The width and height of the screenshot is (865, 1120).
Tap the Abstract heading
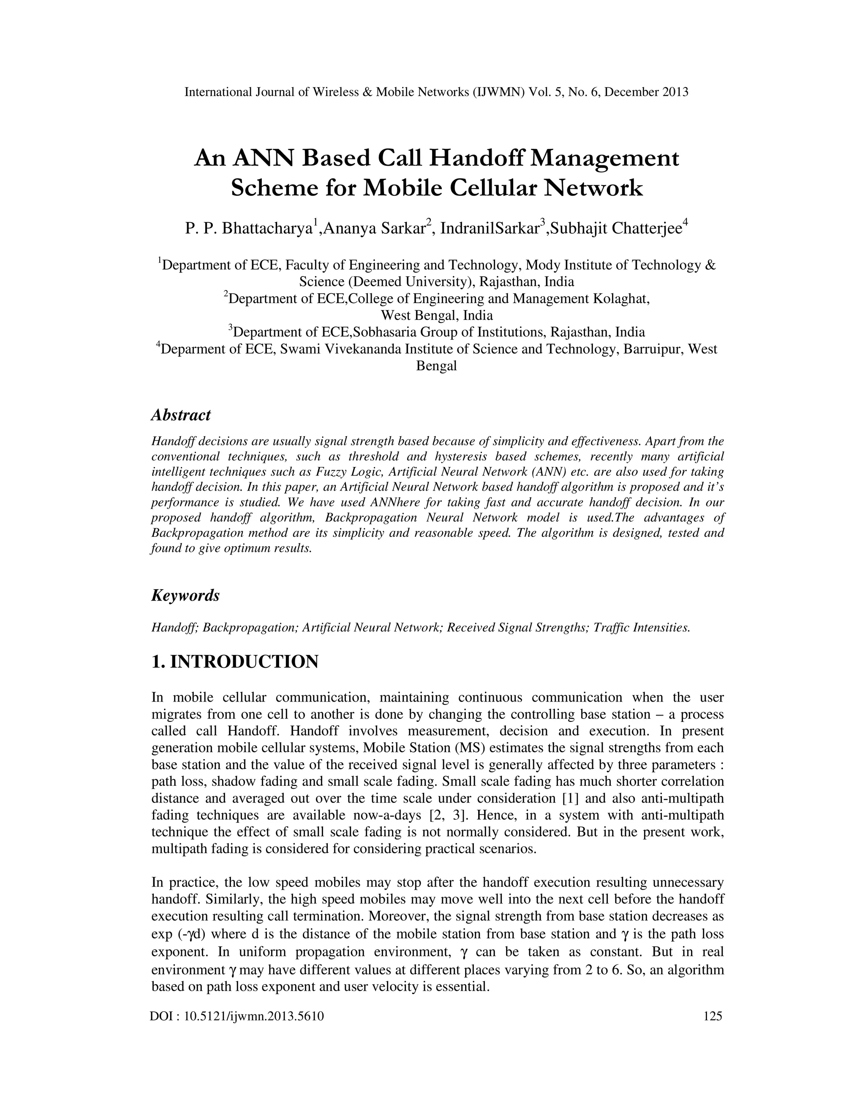point(180,415)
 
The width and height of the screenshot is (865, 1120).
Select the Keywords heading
point(185,596)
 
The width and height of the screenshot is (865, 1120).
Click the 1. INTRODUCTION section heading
point(235,661)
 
